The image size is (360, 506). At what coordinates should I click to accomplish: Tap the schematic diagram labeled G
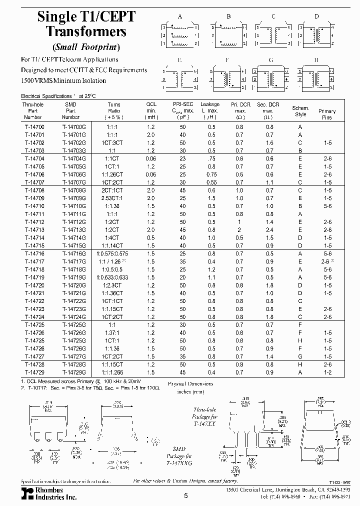pyautogui.click(x=270, y=78)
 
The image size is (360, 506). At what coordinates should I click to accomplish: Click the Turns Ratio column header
pyautogui.click(x=114, y=110)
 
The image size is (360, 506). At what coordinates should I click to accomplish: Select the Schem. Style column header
pyautogui.click(x=300, y=111)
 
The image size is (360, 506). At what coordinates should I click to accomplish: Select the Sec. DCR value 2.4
pyautogui.click(x=269, y=229)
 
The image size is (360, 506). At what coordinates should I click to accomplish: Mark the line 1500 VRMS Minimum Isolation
pyautogui.click(x=63, y=80)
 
